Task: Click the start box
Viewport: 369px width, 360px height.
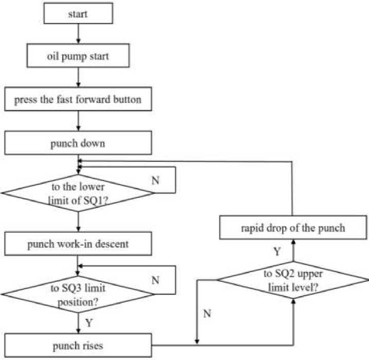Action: (77, 14)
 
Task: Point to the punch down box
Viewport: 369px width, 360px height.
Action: (77, 143)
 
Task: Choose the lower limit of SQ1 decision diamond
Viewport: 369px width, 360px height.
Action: (77, 193)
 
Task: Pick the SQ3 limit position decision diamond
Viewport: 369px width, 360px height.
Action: (77, 294)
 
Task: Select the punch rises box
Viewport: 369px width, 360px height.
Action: (77, 345)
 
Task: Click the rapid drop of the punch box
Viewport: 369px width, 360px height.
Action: (293, 227)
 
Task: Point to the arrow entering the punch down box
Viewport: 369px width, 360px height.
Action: (77, 121)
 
